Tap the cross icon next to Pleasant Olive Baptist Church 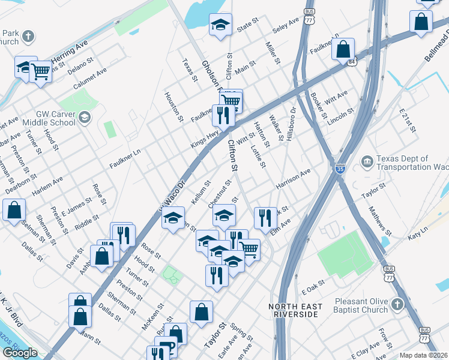396,305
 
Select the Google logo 20,353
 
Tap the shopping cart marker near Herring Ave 40,73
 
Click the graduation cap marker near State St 220,26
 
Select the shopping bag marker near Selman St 14,211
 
